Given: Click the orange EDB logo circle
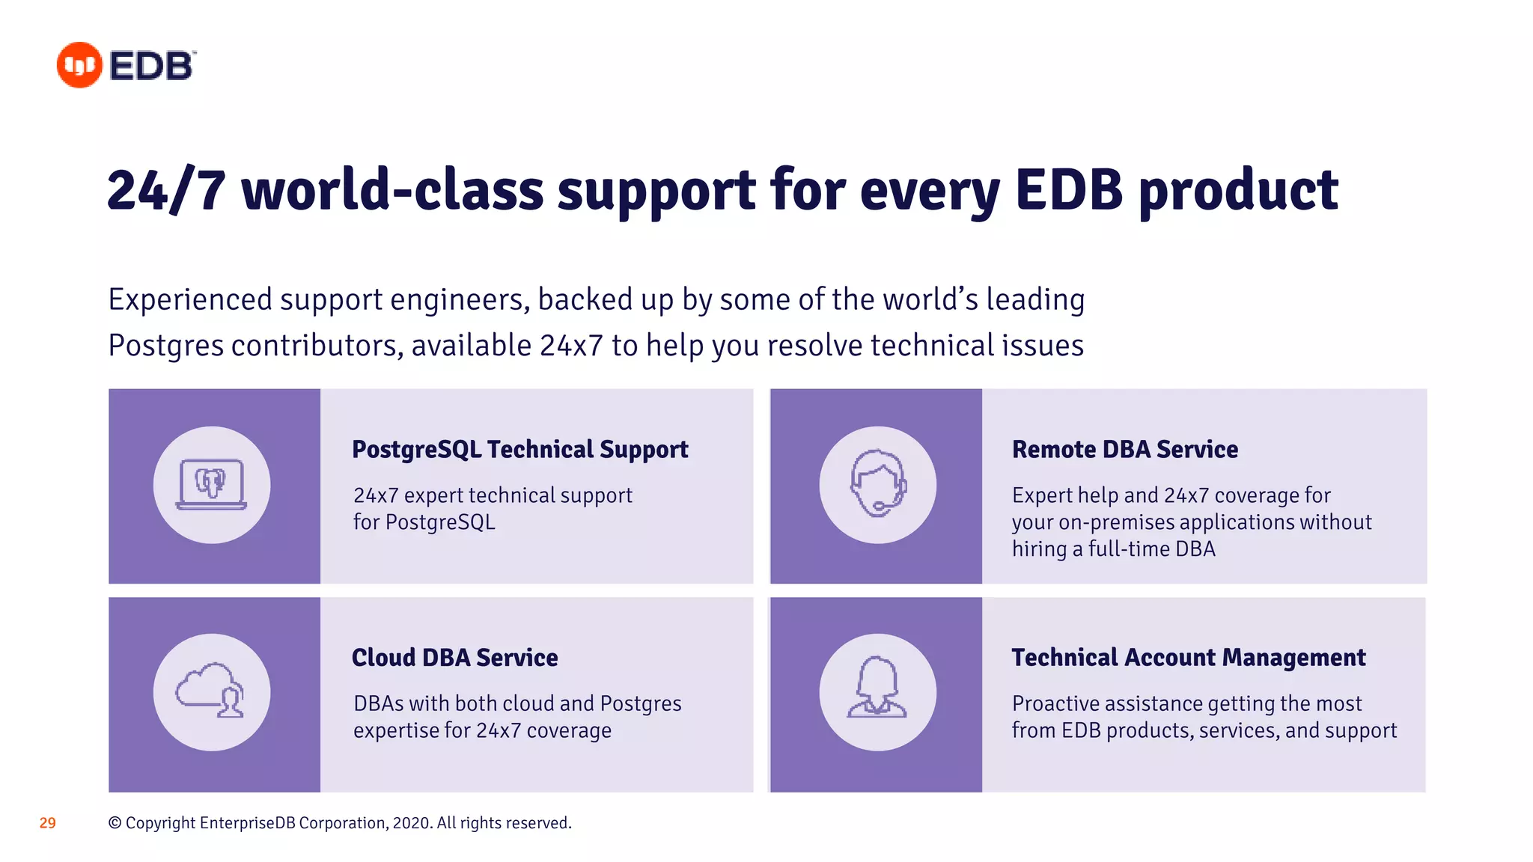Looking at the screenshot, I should click(79, 65).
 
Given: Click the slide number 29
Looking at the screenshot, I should click(47, 823).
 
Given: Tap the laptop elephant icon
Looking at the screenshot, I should click(212, 484).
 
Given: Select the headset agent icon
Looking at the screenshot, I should click(877, 484).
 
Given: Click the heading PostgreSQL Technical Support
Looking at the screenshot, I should click(519, 449).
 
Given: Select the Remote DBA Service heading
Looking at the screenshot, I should click(1124, 449).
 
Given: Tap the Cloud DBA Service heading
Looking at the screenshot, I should click(454, 657).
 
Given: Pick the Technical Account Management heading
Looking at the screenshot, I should click(1188, 657).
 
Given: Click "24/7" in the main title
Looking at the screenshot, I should click(166, 191).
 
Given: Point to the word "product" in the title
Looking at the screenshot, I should click(1239, 191).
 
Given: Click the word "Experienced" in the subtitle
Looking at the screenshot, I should click(190, 299).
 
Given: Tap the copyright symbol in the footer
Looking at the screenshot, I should click(115, 823).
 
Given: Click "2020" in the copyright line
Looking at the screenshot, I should click(411, 823).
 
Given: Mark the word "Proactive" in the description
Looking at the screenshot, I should click(1055, 703).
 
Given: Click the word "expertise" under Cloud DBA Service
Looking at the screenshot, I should click(395, 730).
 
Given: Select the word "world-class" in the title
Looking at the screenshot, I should click(392, 191).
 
